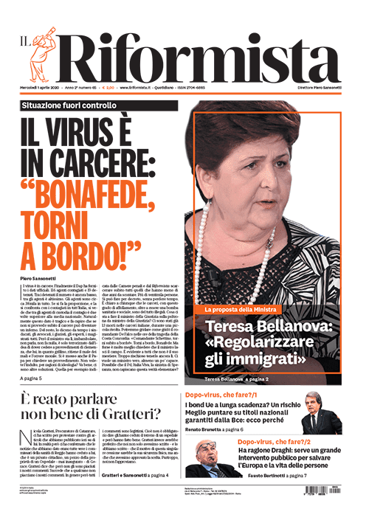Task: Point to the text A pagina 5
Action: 36,378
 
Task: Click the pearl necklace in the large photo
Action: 221,258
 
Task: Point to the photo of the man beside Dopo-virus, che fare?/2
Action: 209,457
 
